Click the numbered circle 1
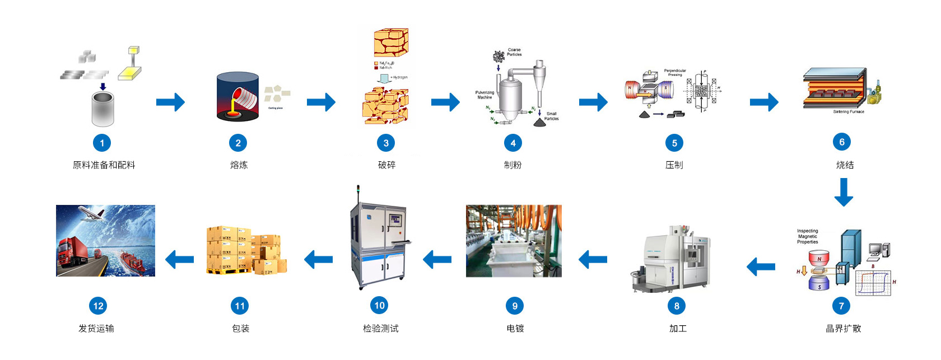(102, 143)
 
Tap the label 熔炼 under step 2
(239, 165)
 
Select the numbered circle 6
(842, 142)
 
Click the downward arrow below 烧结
(844, 192)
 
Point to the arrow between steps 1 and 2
(170, 102)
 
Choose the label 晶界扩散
(843, 329)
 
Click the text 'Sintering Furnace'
(848, 112)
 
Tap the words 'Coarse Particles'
(514, 52)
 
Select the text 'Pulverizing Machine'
(485, 95)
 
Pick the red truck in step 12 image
(71, 255)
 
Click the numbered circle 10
(380, 305)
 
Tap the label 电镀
(515, 329)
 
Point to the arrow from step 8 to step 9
(593, 259)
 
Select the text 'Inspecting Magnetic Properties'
(807, 236)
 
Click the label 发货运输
(96, 329)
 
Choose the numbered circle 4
(513, 143)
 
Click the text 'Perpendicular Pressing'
(675, 72)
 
